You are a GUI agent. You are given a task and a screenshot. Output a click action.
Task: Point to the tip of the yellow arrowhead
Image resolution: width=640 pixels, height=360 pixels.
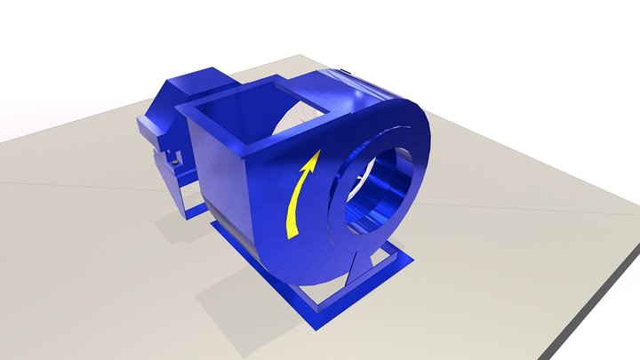(316, 153)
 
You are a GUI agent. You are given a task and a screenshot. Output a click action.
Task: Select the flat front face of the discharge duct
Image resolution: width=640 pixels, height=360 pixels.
(218, 178)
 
